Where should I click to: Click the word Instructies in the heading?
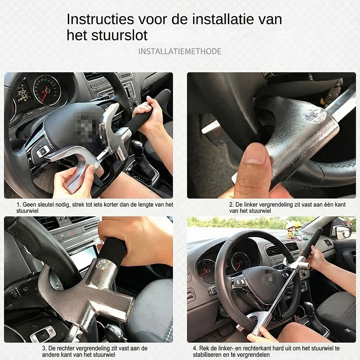coord(96,19)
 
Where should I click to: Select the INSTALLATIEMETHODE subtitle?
coord(180,51)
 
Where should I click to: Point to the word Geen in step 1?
coord(30,204)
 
